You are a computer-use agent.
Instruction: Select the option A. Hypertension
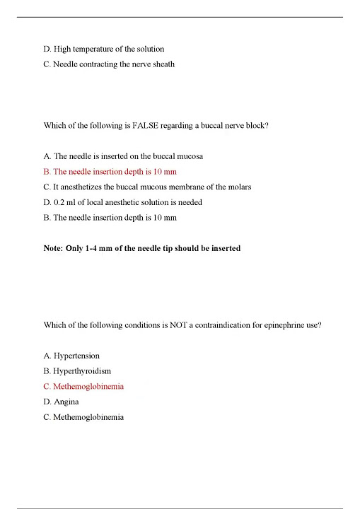point(71,356)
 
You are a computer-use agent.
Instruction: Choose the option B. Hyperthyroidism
point(77,371)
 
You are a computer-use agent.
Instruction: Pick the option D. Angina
point(61,402)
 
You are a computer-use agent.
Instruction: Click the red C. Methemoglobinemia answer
point(83,387)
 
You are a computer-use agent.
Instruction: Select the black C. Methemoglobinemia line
point(83,417)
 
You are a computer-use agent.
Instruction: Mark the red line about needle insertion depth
point(110,172)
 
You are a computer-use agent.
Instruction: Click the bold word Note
point(54,248)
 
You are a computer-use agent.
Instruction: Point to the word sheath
point(162,64)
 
